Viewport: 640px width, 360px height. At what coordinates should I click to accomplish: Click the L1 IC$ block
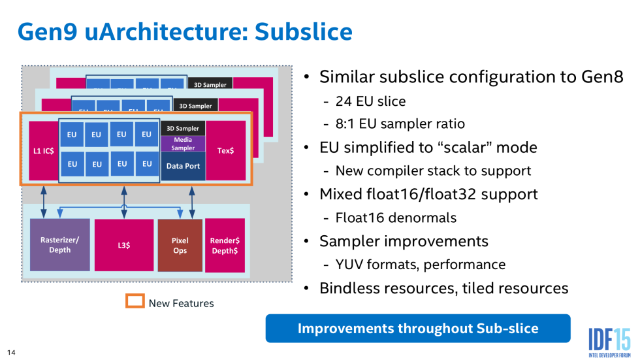42,150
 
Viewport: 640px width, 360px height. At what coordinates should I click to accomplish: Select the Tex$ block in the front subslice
226,150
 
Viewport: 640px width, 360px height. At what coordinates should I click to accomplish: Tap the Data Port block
184,166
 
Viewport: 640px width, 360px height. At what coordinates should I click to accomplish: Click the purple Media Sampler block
184,144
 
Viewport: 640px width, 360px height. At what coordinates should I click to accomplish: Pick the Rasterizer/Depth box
59,245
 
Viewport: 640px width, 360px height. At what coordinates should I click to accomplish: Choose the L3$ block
123,245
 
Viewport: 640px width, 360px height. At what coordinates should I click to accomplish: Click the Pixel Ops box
180,245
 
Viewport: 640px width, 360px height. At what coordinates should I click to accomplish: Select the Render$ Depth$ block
225,245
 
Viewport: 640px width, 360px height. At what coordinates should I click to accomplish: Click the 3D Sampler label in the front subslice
184,128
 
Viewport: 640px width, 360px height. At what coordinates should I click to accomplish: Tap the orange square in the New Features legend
135,302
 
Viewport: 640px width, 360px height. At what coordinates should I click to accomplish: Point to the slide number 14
11,353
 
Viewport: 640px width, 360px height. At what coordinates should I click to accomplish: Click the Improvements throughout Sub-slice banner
418,328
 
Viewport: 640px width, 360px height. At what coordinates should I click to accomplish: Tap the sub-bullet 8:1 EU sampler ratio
400,124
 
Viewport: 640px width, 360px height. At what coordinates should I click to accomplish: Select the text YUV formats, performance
421,265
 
